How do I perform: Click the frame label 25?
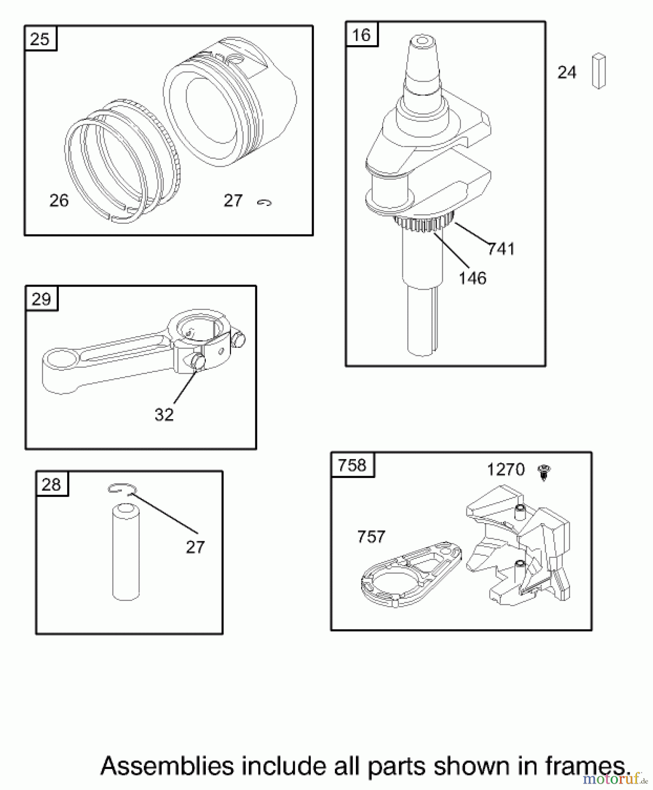tap(40, 39)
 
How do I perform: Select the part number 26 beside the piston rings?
tap(59, 201)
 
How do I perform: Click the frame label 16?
tap(361, 35)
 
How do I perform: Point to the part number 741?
tap(501, 249)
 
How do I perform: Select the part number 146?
tap(472, 278)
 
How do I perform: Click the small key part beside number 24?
tap(599, 71)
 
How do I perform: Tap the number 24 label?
tap(567, 72)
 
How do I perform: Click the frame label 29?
tap(41, 299)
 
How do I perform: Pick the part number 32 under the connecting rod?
tap(164, 414)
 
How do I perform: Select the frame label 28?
tap(51, 485)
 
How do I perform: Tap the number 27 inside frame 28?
tap(195, 547)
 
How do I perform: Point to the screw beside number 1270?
tap(544, 472)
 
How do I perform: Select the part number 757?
tap(371, 536)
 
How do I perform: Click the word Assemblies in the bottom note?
tap(167, 766)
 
